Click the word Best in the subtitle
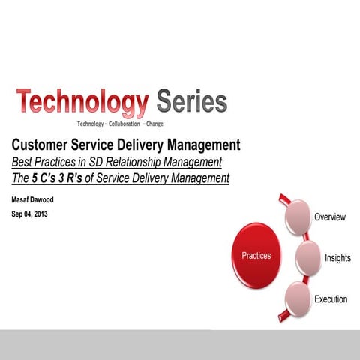pyautogui.click(x=22, y=162)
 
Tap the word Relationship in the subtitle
pyautogui.click(x=147, y=162)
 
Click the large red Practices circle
pyautogui.click(x=256, y=256)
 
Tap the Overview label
pyautogui.click(x=330, y=217)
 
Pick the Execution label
pyautogui.click(x=331, y=299)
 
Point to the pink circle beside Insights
pyautogui.click(x=309, y=256)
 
